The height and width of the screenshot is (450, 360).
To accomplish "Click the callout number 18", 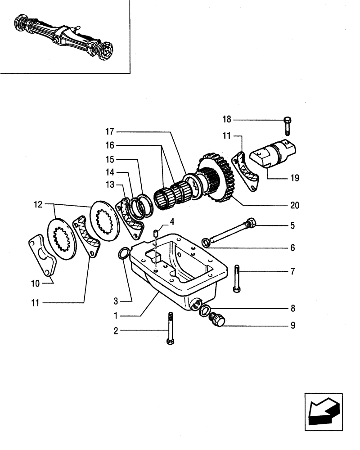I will tap(226, 119).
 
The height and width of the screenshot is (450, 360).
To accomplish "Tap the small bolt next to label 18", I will tap(288, 126).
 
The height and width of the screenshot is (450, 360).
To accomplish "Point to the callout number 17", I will tap(110, 132).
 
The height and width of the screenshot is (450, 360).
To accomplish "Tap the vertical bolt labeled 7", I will tap(237, 279).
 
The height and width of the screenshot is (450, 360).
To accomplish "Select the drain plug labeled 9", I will tap(219, 320).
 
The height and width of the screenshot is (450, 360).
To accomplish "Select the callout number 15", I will tap(110, 159).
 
